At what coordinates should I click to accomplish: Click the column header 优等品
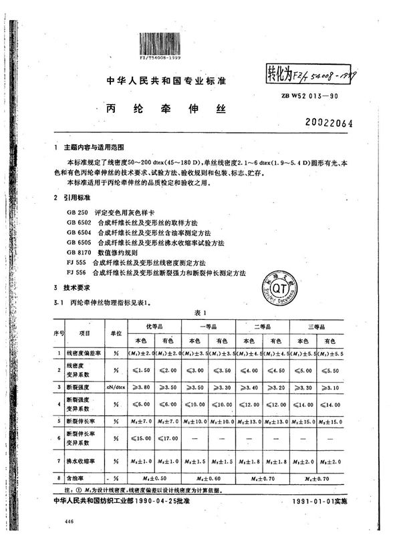coord(155,327)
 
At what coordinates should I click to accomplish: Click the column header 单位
coord(117,332)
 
